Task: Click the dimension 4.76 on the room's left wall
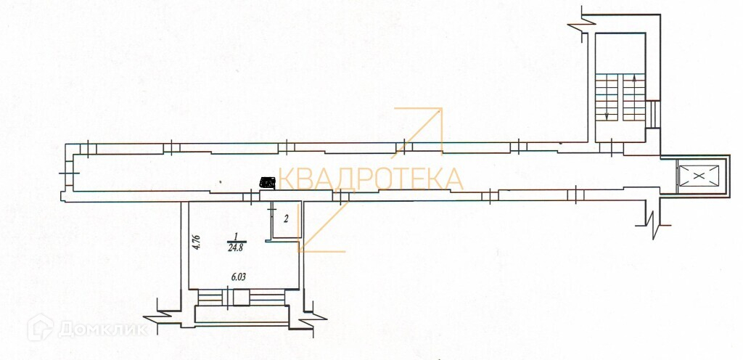(196, 242)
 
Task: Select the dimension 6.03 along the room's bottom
(237, 277)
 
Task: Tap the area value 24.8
(235, 247)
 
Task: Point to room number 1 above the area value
(235, 236)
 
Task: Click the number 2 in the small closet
(286, 218)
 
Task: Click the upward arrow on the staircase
(635, 79)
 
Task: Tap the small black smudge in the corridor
(268, 183)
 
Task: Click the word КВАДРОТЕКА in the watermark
(371, 179)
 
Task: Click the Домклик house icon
(40, 329)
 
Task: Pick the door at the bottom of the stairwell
(615, 147)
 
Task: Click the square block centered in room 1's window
(229, 297)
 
